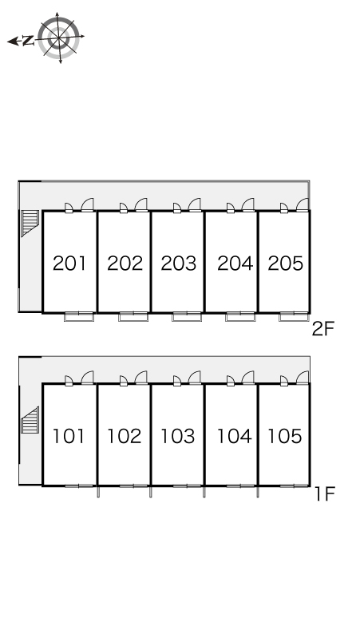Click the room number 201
click(69, 263)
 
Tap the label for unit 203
click(179, 263)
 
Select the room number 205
click(286, 263)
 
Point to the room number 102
click(125, 436)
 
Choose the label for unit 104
click(235, 436)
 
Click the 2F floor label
click(323, 329)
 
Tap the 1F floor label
click(325, 494)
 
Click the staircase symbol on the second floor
click(30, 223)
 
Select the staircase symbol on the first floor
click(30, 420)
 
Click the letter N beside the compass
click(28, 41)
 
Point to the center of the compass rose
click(59, 38)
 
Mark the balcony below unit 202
click(133, 316)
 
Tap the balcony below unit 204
click(240, 316)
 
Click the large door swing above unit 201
click(88, 204)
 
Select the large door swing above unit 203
click(195, 204)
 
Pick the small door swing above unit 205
click(284, 208)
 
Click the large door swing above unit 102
click(141, 377)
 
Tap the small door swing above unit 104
click(231, 380)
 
